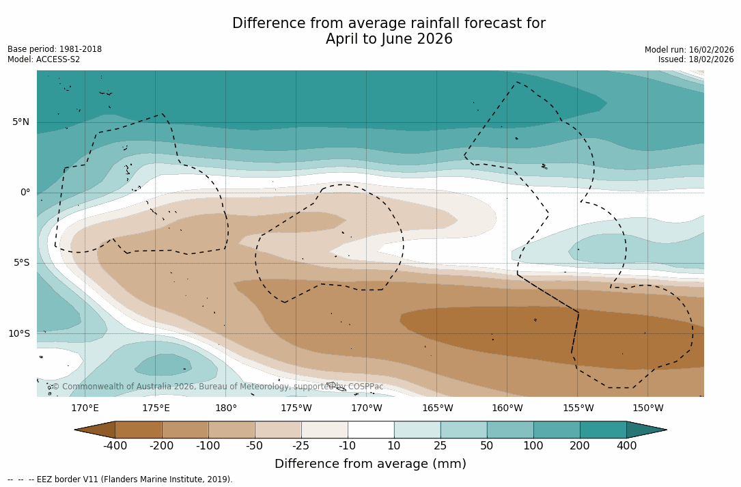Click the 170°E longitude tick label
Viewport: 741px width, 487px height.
click(85, 408)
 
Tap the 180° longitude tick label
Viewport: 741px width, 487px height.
click(226, 408)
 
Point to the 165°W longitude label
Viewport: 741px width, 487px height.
click(437, 408)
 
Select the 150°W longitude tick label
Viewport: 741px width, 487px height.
click(648, 408)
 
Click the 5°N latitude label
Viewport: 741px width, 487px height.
click(20, 122)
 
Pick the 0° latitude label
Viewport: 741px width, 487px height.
click(25, 193)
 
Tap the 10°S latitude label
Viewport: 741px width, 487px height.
click(19, 334)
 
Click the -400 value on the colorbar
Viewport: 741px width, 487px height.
click(115, 446)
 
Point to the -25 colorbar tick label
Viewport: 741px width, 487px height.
click(301, 446)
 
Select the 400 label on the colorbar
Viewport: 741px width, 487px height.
click(626, 446)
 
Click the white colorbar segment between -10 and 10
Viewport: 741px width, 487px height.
click(371, 430)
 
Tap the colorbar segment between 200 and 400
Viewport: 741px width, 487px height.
click(603, 430)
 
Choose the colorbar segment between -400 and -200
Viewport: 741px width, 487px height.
click(139, 430)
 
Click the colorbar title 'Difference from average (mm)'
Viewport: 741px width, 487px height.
click(370, 464)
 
